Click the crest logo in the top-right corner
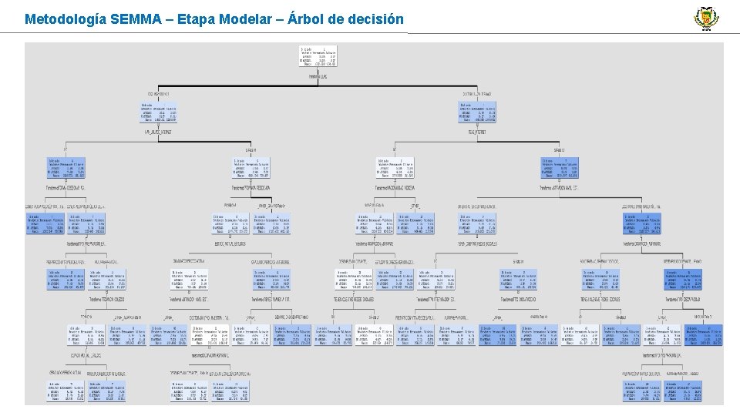click(x=705, y=18)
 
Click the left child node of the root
click(x=159, y=112)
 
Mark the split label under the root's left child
click(x=159, y=132)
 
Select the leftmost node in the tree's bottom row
click(x=61, y=391)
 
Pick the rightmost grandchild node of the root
click(x=560, y=168)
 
